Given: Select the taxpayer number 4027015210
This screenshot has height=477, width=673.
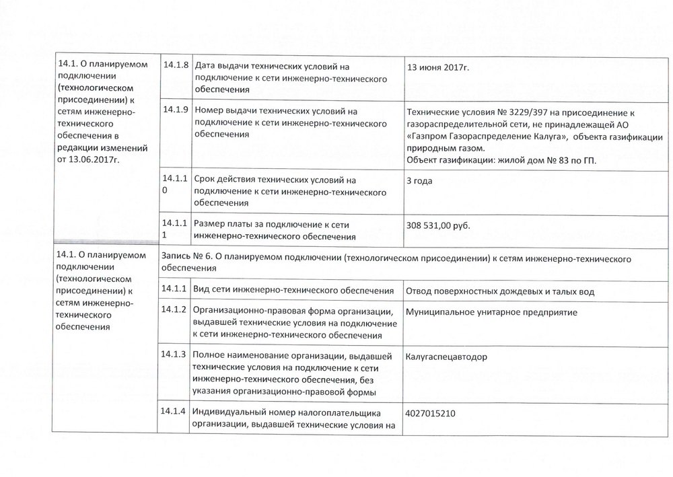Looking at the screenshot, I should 435,412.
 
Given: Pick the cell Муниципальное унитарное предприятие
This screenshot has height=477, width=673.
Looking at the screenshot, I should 492,312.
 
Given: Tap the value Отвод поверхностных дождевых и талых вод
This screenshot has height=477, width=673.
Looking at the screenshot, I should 501,291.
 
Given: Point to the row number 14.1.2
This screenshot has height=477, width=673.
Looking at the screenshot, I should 174,310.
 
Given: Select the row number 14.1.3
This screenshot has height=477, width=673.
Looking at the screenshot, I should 174,354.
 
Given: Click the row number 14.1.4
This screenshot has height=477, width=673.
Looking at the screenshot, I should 174,411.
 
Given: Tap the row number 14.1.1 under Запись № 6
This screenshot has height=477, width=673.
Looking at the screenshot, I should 174,289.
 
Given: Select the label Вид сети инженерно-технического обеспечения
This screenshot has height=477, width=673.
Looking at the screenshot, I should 293,291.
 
